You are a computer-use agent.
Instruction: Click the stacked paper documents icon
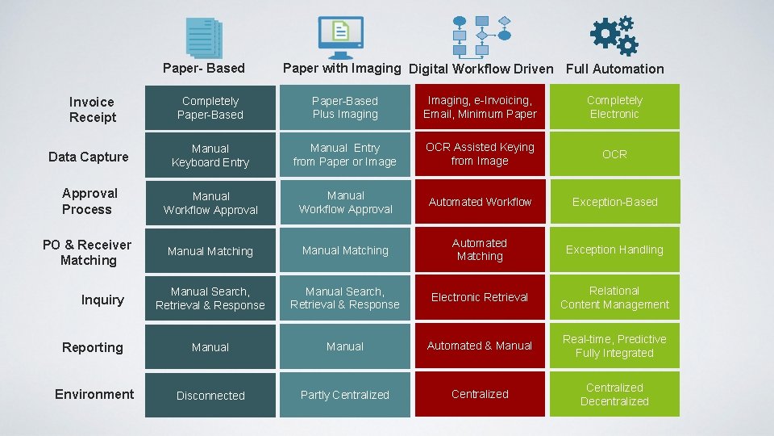click(x=204, y=38)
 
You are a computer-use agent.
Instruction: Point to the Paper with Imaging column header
click(x=341, y=69)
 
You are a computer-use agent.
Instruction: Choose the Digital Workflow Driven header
click(x=481, y=69)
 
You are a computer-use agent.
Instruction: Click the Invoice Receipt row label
click(x=92, y=110)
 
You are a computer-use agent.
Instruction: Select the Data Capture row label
click(x=89, y=157)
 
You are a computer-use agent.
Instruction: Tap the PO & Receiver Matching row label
click(x=88, y=253)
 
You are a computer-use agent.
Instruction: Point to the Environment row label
click(x=94, y=394)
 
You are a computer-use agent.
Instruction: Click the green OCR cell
click(x=614, y=154)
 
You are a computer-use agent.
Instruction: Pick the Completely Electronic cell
click(x=614, y=107)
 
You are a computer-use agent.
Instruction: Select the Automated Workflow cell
click(x=480, y=202)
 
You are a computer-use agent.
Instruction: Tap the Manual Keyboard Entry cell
click(x=210, y=155)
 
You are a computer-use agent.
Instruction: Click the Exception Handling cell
click(x=614, y=249)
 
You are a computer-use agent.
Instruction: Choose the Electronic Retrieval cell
click(x=480, y=297)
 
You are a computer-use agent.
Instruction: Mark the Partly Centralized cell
click(x=345, y=395)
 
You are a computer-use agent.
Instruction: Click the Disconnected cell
click(x=210, y=395)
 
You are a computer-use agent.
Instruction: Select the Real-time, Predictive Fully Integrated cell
click(x=614, y=346)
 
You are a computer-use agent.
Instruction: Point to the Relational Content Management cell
click(x=614, y=298)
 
